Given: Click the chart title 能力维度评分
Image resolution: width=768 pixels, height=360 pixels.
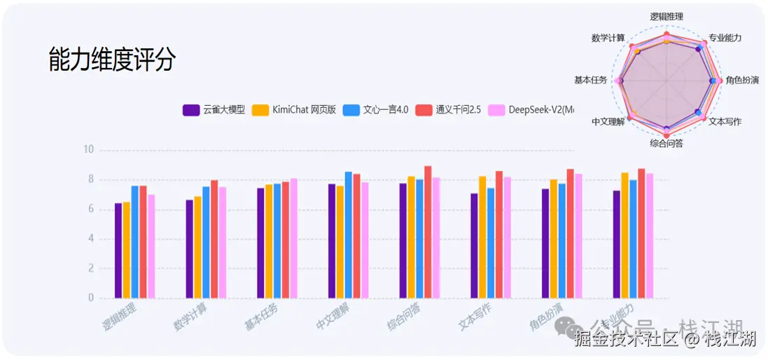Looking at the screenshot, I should click(x=111, y=60).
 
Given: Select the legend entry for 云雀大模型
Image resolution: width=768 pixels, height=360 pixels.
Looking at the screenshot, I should click(x=214, y=110).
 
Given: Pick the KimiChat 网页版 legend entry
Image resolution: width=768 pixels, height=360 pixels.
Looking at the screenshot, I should click(x=295, y=110).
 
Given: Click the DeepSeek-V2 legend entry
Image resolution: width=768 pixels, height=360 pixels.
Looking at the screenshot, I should click(x=532, y=110).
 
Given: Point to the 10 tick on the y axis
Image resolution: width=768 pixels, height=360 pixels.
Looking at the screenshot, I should click(x=88, y=150).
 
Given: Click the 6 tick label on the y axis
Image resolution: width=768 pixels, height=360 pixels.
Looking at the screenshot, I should click(x=90, y=209).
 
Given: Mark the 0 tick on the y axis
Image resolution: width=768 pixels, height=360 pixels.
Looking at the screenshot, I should click(x=90, y=298).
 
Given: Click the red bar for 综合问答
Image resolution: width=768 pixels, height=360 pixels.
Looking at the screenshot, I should click(x=428, y=232).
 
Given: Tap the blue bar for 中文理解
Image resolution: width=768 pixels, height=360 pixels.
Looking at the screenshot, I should click(x=349, y=235).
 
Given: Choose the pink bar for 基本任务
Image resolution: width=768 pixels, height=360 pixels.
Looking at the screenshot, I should click(x=293, y=238).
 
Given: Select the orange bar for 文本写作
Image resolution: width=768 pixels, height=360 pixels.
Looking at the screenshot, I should click(x=482, y=237).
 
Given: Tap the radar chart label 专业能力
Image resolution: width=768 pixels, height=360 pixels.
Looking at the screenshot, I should click(x=725, y=38).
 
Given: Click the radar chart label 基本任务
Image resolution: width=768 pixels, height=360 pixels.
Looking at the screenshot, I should click(x=590, y=80).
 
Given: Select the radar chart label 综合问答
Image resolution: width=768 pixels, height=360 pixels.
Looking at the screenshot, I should click(x=666, y=144).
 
